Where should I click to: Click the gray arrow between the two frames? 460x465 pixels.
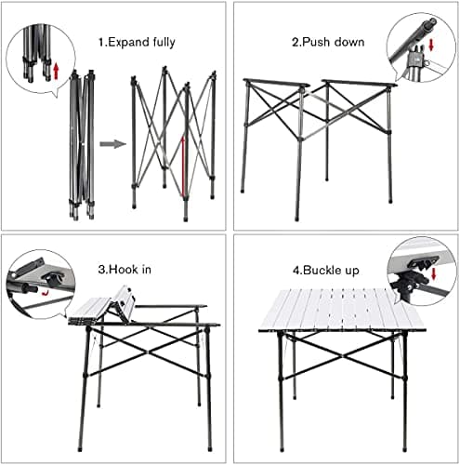click(112, 144)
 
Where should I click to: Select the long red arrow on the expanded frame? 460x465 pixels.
click(183, 167)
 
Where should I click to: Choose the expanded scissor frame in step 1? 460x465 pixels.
click(174, 144)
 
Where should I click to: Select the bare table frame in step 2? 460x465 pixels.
click(316, 139)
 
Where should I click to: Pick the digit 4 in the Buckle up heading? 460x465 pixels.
click(296, 270)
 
